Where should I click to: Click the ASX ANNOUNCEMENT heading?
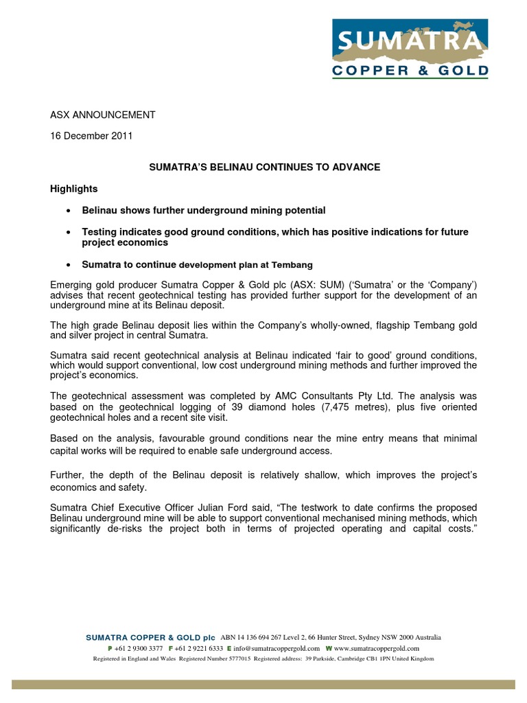click(x=104, y=115)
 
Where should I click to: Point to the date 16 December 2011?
click(x=91, y=136)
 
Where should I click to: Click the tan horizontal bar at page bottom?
click(x=263, y=684)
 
